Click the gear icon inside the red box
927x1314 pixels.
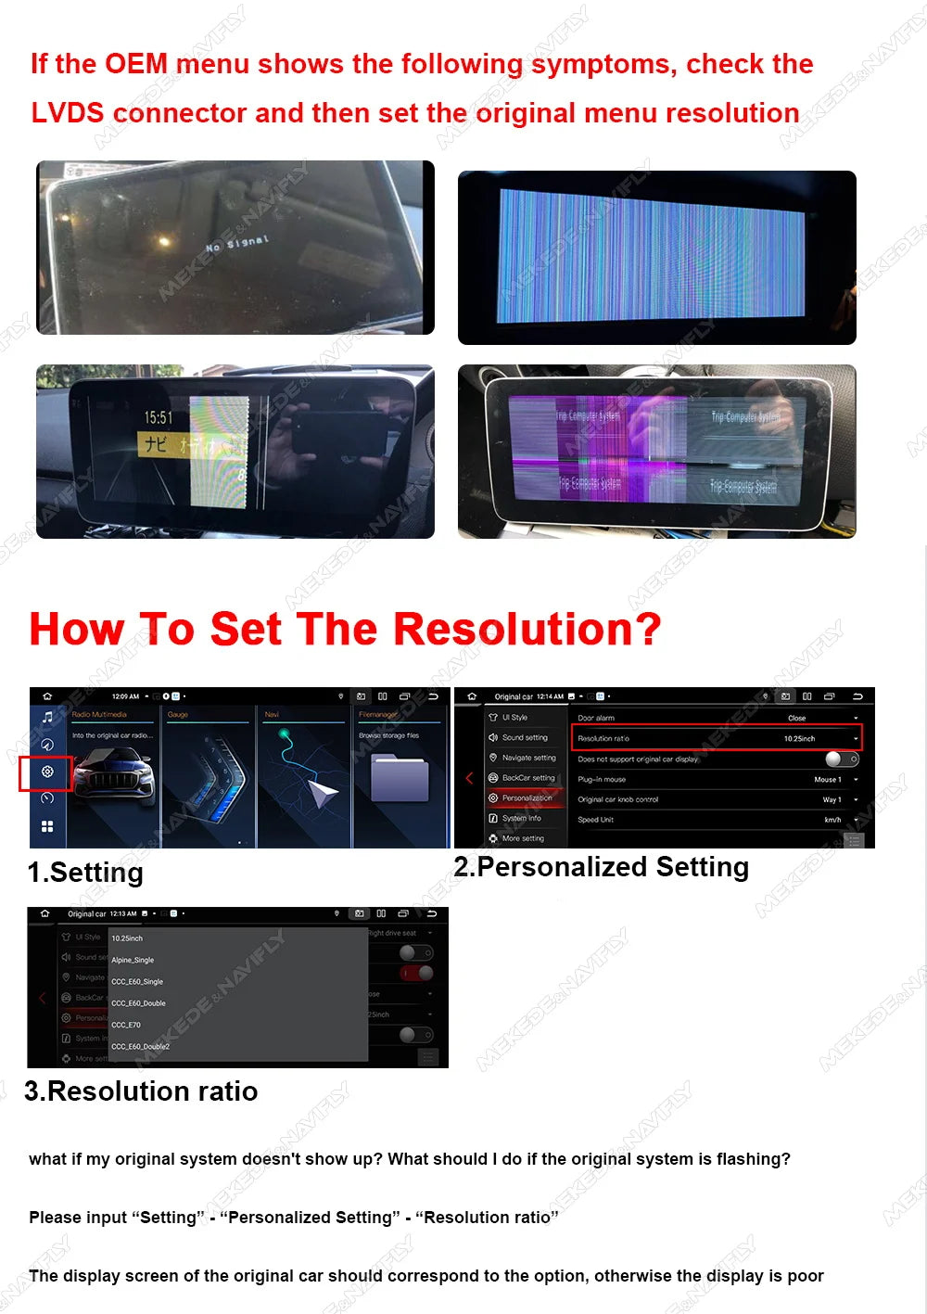(47, 772)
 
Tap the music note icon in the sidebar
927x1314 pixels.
(47, 717)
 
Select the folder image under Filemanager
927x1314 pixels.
(400, 777)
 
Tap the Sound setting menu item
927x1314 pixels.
(525, 737)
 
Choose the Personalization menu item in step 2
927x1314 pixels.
(527, 797)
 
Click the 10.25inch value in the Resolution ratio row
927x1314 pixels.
(799, 739)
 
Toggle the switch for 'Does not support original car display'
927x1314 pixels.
(841, 759)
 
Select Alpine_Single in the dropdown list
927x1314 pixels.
(133, 960)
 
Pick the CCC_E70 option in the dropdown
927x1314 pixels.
(126, 1025)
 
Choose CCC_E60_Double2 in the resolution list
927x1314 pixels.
(140, 1046)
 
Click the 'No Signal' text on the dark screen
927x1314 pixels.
(237, 244)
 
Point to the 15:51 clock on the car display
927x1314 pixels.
(159, 418)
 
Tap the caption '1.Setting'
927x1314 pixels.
(85, 873)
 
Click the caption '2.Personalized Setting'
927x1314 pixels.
(601, 867)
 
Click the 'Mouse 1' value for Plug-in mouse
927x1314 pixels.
(827, 779)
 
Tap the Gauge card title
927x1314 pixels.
(178, 715)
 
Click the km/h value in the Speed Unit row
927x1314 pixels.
(832, 820)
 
